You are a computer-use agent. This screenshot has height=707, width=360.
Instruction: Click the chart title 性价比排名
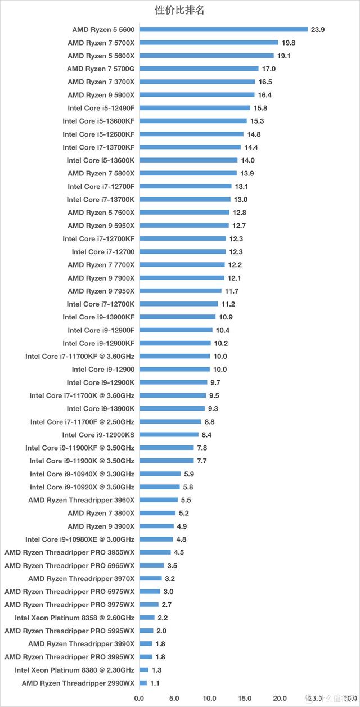click(179, 10)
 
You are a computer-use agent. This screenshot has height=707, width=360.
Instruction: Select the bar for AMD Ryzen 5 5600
click(223, 29)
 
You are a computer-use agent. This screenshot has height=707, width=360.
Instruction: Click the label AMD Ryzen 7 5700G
click(101, 69)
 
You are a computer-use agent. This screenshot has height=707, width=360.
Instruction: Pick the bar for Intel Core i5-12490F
click(195, 108)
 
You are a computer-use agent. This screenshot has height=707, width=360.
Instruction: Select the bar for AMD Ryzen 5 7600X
click(184, 213)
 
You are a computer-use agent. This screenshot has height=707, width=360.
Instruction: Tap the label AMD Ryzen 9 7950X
click(101, 291)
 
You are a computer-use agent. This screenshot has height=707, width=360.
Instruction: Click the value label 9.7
click(215, 382)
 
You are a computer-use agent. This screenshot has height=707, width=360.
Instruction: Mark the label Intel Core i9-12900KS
click(98, 435)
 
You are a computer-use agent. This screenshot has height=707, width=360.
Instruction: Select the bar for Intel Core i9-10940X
click(160, 474)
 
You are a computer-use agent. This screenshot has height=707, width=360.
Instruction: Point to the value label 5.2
click(184, 513)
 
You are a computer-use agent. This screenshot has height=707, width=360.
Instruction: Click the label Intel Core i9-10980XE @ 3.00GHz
click(80, 539)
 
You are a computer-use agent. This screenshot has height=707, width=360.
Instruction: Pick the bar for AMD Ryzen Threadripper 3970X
click(150, 578)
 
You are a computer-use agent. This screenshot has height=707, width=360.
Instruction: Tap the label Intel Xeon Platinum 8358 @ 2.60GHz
click(75, 618)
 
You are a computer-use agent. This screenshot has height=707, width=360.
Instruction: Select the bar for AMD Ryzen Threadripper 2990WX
click(143, 683)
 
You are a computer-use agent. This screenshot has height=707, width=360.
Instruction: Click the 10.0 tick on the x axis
click(209, 698)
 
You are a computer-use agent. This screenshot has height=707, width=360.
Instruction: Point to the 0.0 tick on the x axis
click(139, 698)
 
